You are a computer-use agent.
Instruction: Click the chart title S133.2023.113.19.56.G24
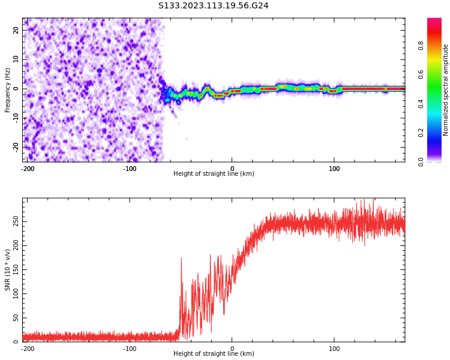pyautogui.click(x=214, y=6)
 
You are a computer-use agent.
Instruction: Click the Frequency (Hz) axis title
pyautogui.click(x=8, y=90)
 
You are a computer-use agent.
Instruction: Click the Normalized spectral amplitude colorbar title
pyautogui.click(x=446, y=90)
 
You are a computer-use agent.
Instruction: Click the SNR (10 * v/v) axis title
pyautogui.click(x=8, y=270)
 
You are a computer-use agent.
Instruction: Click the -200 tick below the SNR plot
pyautogui.click(x=27, y=348)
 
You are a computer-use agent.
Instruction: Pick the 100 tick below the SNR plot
pyautogui.click(x=334, y=348)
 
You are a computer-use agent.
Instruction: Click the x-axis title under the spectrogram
pyautogui.click(x=214, y=174)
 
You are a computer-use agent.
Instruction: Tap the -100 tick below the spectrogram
pyautogui.click(x=130, y=168)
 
